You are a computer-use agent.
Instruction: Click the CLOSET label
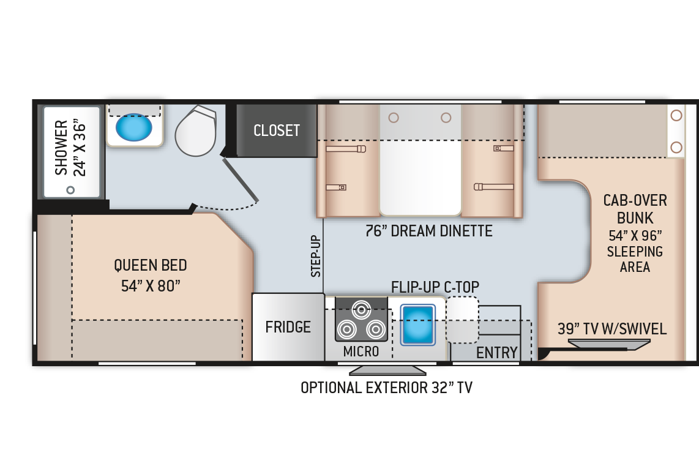tap(277, 130)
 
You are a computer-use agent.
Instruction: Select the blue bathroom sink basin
tap(133, 127)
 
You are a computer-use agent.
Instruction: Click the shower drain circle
tap(70, 190)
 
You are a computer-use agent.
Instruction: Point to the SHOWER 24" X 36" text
tap(70, 148)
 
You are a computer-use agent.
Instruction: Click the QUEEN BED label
tap(150, 265)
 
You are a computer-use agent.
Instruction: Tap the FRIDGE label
tap(288, 327)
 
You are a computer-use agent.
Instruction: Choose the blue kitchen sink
tap(417, 325)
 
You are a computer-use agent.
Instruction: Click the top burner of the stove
tap(361, 309)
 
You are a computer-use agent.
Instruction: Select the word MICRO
tap(361, 351)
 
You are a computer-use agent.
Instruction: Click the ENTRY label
tap(496, 353)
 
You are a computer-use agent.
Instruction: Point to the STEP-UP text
tap(316, 256)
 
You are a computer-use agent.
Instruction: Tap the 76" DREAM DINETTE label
tap(429, 231)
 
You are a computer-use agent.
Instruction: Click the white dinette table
tap(421, 178)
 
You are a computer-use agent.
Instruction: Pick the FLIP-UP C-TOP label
tap(435, 287)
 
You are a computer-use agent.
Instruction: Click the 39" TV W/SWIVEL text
tap(612, 329)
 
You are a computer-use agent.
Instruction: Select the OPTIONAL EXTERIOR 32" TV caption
tap(386, 388)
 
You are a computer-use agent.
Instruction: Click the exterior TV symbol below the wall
tap(387, 370)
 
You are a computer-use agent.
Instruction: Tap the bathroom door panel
tap(241, 179)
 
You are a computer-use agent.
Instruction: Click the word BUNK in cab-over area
tap(635, 218)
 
